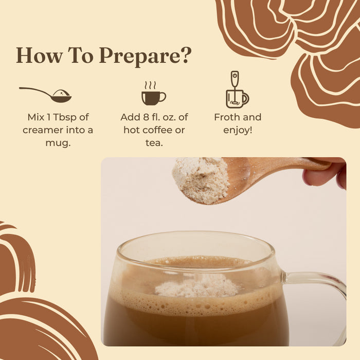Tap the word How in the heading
coord(40,56)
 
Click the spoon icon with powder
coord(45,94)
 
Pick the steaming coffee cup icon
coord(153,93)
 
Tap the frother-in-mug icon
coord(237,89)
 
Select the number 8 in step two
coord(146,117)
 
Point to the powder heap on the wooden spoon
coord(201,180)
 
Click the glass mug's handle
coord(319,292)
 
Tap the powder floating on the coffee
coord(197,286)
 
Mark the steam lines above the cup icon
coord(150,85)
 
